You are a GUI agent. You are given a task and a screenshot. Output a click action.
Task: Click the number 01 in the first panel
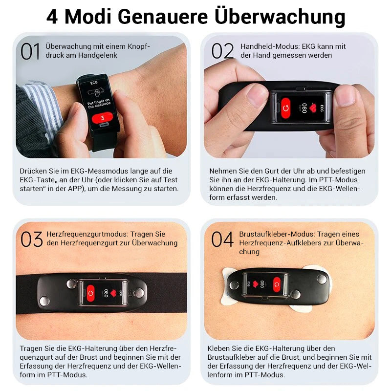30,51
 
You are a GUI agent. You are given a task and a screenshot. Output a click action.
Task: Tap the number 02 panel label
222,50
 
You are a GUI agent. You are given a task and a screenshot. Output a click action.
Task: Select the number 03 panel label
32,239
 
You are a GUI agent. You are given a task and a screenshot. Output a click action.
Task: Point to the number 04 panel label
222,239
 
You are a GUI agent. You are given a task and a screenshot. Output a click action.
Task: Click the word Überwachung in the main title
280,17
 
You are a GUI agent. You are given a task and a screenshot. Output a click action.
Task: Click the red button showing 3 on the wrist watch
102,118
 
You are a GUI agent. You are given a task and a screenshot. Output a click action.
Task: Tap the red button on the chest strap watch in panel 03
91,294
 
